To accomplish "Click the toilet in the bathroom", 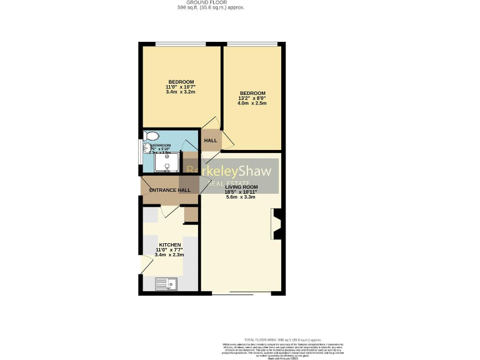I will pos(151,136).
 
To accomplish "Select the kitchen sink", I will pos(166,284).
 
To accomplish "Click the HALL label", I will pos(211,141).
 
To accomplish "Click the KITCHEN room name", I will pos(169,244).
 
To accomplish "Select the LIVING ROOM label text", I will pos(241,187).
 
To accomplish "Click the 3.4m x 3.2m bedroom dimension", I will pos(180,92).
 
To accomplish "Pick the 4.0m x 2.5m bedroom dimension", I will pos(252,103).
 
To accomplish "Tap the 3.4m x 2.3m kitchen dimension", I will pos(169,255).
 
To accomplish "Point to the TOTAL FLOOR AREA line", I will pos(269,337).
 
